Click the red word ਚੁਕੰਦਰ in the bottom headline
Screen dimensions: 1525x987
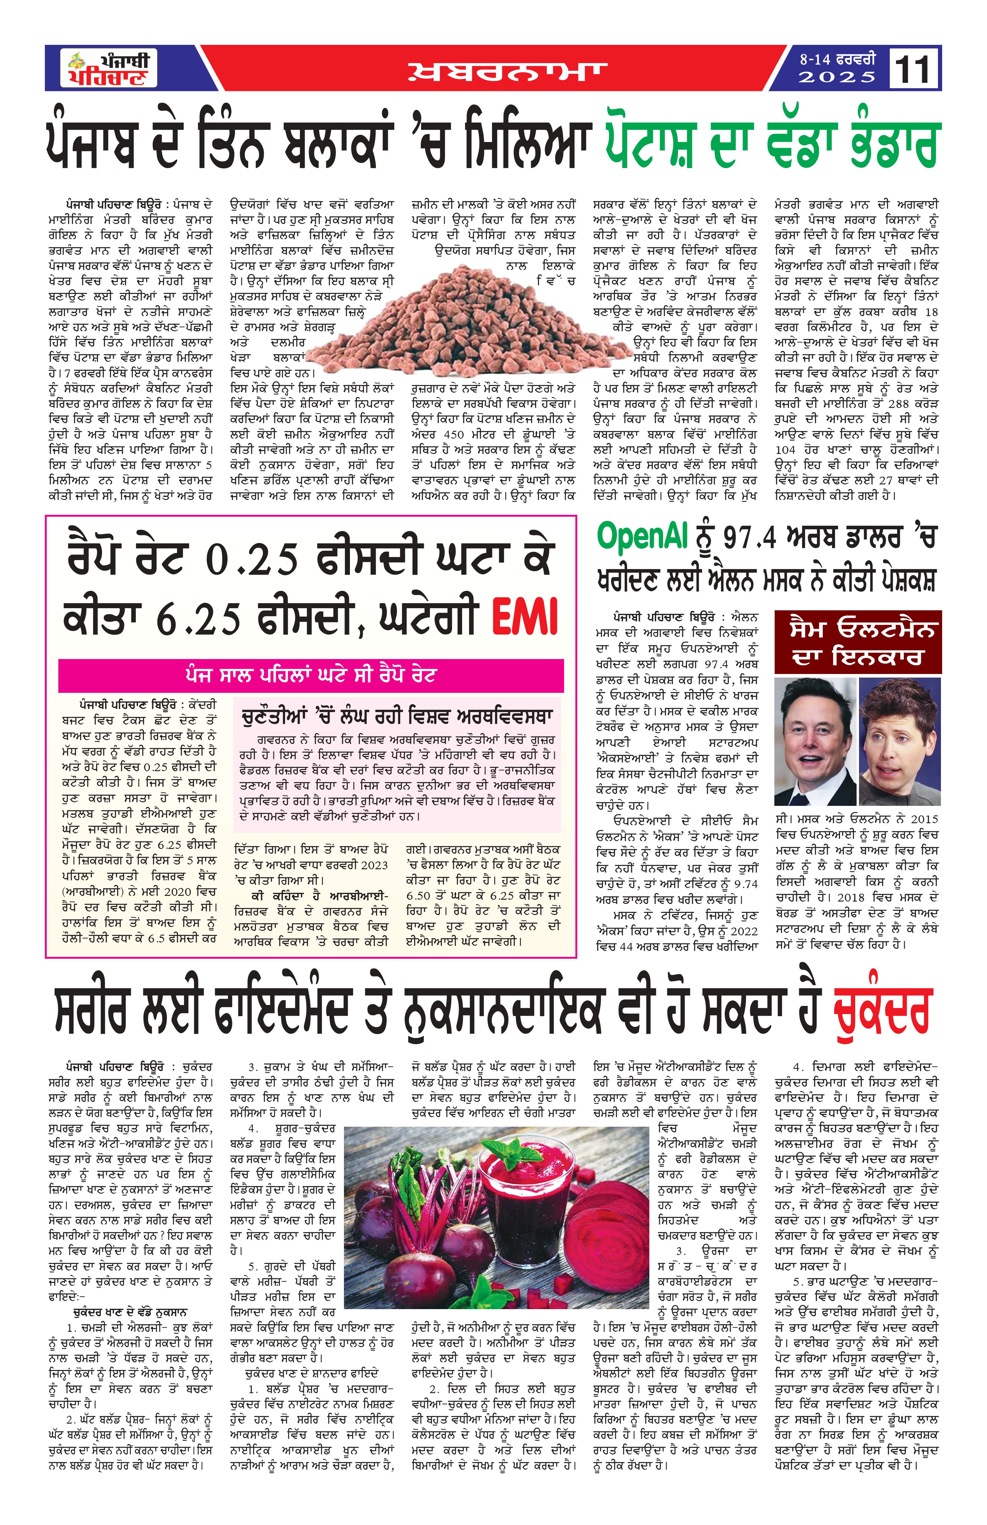coord(881,1014)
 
